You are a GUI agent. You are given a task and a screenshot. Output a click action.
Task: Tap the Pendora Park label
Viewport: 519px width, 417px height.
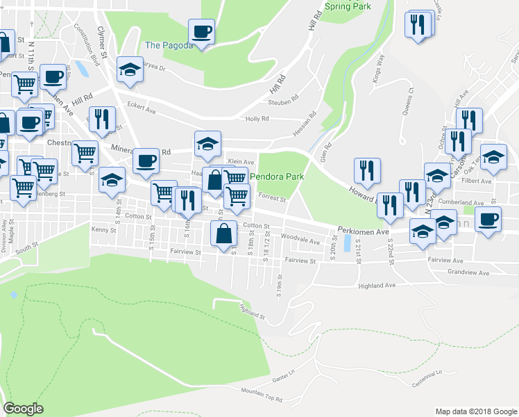coord(277,177)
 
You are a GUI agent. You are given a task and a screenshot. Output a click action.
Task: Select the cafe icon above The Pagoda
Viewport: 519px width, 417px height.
coord(201,31)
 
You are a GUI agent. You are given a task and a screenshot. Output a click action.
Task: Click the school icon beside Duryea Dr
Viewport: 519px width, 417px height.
coord(130,69)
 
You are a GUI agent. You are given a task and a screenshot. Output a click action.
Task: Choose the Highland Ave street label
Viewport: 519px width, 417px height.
coord(377,285)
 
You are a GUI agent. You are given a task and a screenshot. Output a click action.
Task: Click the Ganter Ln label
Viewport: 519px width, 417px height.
coord(281,379)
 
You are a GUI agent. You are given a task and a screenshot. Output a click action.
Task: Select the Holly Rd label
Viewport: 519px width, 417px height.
coord(257,119)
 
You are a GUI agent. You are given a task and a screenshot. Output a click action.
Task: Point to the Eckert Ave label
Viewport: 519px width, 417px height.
coord(140,106)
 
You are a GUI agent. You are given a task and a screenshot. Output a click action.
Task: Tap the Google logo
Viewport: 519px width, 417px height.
coord(23,409)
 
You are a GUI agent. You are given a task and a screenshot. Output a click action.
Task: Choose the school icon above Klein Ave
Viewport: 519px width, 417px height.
coord(207,144)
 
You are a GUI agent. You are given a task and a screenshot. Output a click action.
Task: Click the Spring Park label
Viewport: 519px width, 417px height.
coord(347,6)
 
